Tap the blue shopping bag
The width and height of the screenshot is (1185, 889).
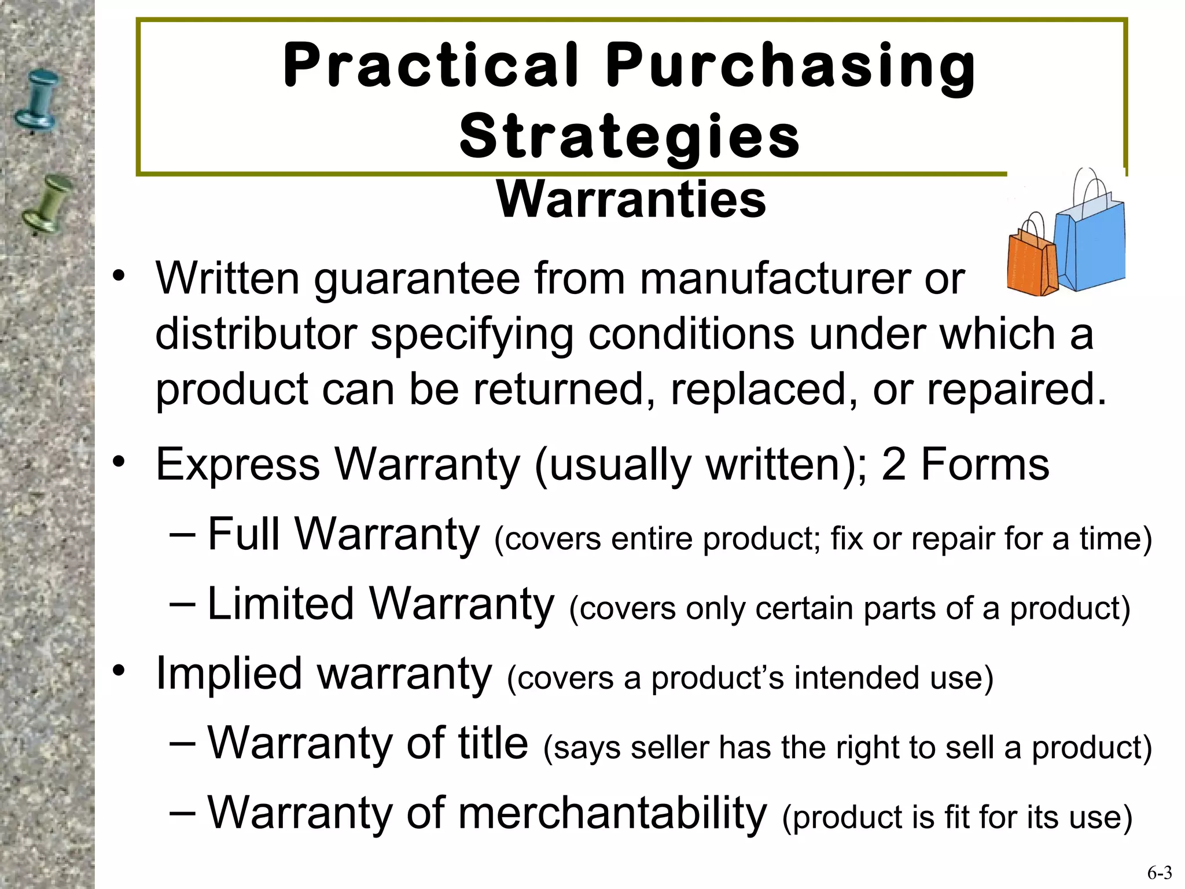coord(1088,243)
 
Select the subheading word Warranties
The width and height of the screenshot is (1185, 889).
coord(631,200)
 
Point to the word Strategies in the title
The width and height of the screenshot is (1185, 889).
coord(630,137)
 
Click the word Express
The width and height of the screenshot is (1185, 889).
coord(238,464)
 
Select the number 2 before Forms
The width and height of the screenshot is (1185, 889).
coord(893,464)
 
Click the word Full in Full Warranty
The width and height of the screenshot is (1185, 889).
coord(244,534)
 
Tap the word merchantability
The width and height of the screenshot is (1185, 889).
coord(613,813)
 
